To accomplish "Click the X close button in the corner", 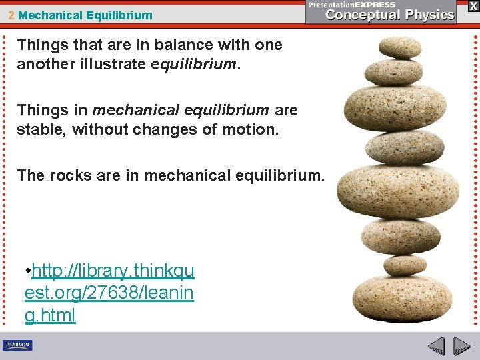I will point(473,5).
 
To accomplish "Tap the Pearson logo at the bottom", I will point(18,345).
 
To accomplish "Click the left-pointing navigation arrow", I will point(437,347).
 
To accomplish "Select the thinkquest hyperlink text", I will point(109,293).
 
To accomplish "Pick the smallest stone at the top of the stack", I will point(399,48).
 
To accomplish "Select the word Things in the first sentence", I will point(38,45).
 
